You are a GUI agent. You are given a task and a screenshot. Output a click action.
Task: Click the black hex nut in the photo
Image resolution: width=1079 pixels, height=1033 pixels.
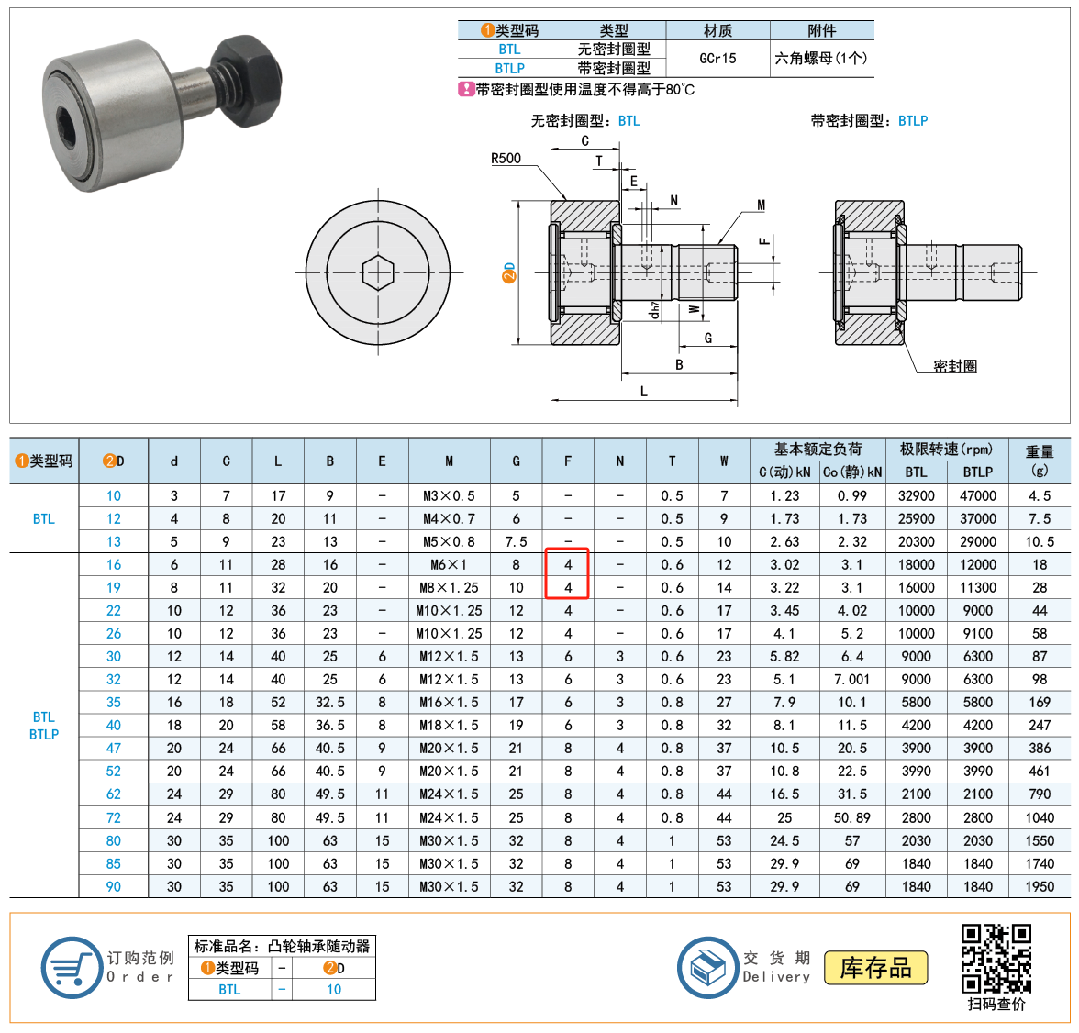[x=246, y=82]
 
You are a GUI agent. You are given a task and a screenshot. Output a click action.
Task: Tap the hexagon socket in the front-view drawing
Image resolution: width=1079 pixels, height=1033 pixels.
[x=378, y=272]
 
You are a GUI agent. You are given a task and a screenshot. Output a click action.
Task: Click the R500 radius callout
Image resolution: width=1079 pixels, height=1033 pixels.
[x=506, y=159]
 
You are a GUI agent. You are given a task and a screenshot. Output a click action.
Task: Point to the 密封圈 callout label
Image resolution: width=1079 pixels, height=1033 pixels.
[x=954, y=366]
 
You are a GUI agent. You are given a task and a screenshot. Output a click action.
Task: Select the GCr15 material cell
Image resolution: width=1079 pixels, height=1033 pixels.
[x=717, y=59]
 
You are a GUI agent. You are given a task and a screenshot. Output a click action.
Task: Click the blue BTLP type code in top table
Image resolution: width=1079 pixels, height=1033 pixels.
[x=510, y=68]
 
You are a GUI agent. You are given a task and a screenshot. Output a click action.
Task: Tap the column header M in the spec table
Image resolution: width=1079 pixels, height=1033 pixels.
[x=449, y=461]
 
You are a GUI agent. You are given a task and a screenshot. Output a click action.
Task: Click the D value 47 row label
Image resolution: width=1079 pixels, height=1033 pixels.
[x=114, y=748]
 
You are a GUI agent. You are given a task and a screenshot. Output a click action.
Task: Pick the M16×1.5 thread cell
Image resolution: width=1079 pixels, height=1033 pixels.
[x=449, y=703]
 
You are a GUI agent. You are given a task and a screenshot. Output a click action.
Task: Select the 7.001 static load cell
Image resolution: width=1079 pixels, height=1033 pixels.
[x=851, y=679]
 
